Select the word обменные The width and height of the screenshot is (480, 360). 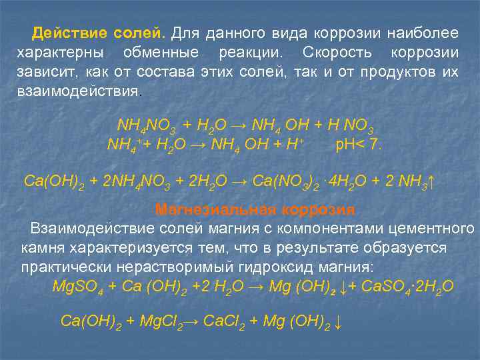165,52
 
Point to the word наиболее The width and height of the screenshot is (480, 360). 429,33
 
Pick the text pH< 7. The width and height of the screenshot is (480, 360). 359,144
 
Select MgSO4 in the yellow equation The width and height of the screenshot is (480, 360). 77,287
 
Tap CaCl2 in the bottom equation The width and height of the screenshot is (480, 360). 226,322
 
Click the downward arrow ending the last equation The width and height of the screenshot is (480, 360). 339,322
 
